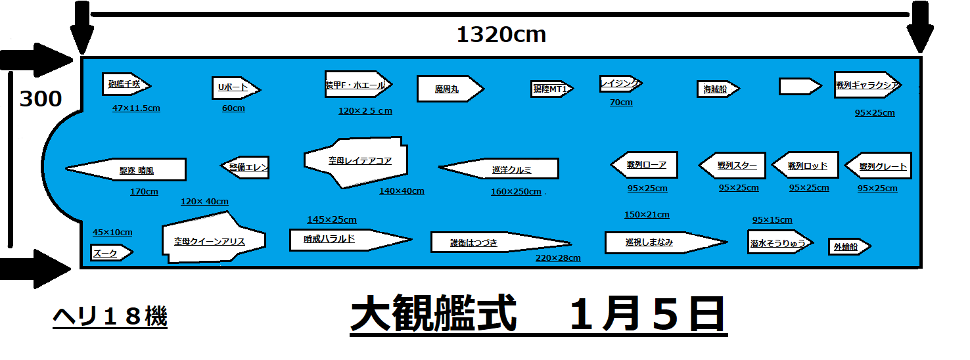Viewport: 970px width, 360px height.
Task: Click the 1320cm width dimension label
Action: (501, 34)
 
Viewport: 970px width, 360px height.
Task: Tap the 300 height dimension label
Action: (41, 99)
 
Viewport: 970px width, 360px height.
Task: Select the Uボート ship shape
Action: (235, 88)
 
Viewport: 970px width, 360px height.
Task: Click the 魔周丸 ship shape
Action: (449, 89)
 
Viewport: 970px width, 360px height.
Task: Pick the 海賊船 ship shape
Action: (717, 89)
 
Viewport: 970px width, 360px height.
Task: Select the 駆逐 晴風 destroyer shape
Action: (131, 169)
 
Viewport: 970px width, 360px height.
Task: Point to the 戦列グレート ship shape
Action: (878, 166)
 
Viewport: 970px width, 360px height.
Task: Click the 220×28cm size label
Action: (558, 258)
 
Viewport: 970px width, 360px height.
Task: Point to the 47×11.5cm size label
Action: (136, 108)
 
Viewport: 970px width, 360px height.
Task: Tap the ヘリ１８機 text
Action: (110, 318)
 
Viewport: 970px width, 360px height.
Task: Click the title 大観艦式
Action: (432, 316)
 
